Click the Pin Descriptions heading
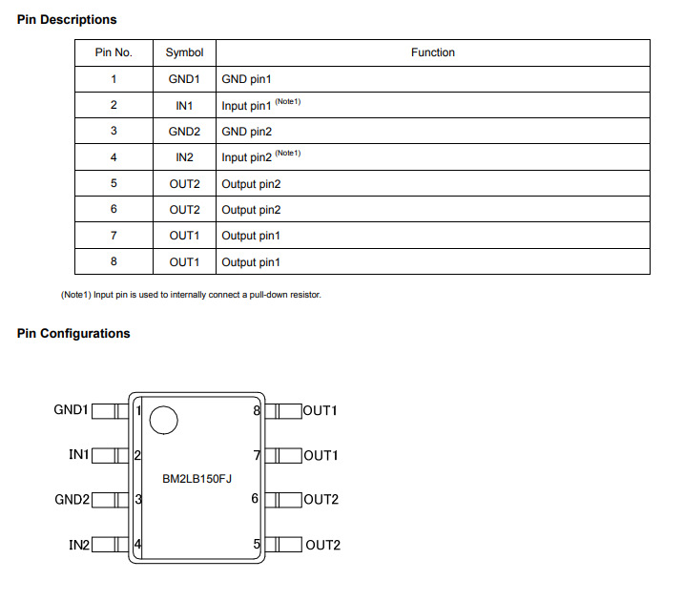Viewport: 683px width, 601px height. coord(67,19)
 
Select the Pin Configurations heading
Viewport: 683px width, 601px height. coord(73,333)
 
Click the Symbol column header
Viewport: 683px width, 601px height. coord(184,52)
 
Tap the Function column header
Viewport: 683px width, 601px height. coord(432,52)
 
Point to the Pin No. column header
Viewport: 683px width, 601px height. coord(114,52)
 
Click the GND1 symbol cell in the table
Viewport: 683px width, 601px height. coord(184,80)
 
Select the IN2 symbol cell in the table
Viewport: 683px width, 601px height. coord(184,157)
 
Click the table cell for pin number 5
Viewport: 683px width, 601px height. coord(114,184)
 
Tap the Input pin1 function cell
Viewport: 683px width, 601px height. coord(247,106)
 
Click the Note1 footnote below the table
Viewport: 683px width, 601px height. coord(191,294)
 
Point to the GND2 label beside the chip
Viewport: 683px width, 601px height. coord(72,500)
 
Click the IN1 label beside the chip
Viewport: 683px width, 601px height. coord(79,455)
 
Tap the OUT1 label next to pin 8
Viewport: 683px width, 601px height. coord(321,411)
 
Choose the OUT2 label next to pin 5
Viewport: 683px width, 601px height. coord(322,546)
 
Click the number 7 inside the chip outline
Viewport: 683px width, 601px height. coord(257,455)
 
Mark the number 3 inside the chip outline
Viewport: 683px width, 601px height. coord(139,500)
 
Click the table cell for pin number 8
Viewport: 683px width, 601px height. coord(114,261)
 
